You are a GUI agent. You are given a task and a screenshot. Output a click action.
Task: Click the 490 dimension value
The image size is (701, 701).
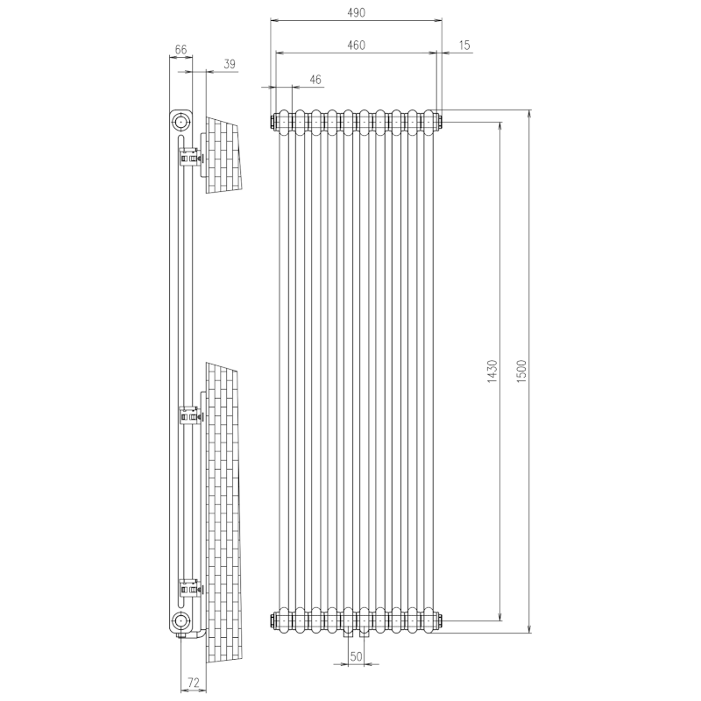point(355,13)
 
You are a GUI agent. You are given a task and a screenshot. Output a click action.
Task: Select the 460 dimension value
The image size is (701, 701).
point(355,45)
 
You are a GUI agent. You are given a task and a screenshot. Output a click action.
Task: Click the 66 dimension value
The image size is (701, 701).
point(181,51)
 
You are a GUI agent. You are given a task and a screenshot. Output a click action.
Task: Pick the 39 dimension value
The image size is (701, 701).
point(230,64)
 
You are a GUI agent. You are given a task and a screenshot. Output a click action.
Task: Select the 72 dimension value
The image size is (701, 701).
point(195,681)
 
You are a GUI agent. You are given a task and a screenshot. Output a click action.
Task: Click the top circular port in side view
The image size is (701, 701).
point(181,120)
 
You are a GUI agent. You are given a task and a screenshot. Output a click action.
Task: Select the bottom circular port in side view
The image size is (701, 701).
point(181,621)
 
